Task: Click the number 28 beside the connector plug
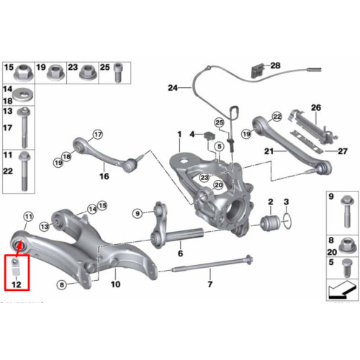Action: (x=275, y=66)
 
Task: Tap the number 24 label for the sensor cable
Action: (x=173, y=88)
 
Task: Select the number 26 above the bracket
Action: (x=316, y=107)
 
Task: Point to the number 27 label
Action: (x=343, y=151)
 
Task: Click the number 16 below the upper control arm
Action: (x=104, y=176)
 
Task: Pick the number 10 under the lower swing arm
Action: (x=115, y=284)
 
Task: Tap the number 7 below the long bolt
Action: (x=210, y=284)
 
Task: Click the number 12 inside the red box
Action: (x=17, y=284)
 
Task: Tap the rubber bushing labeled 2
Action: (x=270, y=223)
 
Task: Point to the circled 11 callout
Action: (x=29, y=217)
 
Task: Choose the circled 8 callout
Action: (x=62, y=285)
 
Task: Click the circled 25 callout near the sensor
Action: (x=219, y=122)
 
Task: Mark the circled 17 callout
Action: (x=98, y=135)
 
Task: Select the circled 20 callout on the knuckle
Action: (x=219, y=185)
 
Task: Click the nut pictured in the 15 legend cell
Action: (x=24, y=73)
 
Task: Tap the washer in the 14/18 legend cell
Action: (x=23, y=95)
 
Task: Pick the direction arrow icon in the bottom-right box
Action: (x=342, y=289)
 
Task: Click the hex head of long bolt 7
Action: (x=248, y=260)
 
